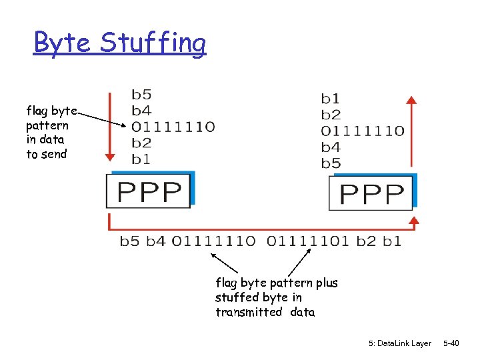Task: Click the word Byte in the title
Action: coord(64,43)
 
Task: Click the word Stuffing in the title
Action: coord(153,44)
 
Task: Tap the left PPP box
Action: coord(149,191)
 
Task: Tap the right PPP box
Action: coord(371,193)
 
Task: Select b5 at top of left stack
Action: coord(141,94)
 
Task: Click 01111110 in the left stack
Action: coord(173,126)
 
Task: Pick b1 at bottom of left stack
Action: coord(141,159)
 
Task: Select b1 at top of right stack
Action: coord(331,99)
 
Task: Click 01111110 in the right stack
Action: coord(363,131)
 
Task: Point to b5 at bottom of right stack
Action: coord(331,163)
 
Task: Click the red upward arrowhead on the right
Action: coord(412,101)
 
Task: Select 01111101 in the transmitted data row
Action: coord(308,241)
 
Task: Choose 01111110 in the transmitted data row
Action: coord(213,241)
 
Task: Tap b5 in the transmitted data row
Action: coord(129,241)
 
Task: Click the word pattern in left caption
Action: coord(47,125)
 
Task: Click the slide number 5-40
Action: coord(451,343)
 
